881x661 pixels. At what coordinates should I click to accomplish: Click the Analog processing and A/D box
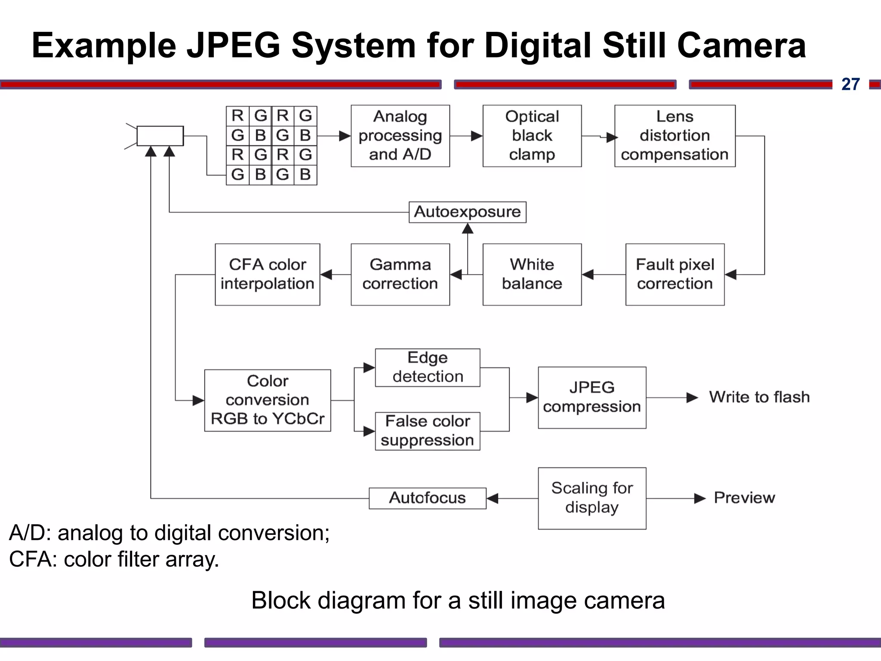[x=400, y=136]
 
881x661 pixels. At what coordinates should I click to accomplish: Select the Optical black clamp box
[x=532, y=136]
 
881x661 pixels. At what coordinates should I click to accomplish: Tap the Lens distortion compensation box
[x=675, y=136]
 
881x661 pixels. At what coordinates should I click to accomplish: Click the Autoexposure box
[x=467, y=212]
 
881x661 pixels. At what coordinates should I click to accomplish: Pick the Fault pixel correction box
[x=675, y=274]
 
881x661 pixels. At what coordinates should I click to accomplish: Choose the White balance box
[x=532, y=274]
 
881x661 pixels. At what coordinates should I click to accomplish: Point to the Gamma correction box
[x=400, y=274]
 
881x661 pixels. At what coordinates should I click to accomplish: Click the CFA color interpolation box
[x=267, y=274]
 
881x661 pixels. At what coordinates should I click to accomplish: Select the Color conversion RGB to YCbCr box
[x=267, y=400]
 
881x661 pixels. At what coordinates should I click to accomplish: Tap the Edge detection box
[x=427, y=368]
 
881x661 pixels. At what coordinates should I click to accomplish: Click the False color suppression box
[x=427, y=431]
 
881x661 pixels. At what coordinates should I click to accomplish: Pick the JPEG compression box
[x=591, y=397]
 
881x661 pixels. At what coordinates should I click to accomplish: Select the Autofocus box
[x=427, y=498]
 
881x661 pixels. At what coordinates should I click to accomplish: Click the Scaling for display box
[x=591, y=498]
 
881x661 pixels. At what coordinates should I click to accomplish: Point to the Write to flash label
[x=759, y=397]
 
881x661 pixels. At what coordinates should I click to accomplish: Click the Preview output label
[x=744, y=498]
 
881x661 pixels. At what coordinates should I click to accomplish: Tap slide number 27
[x=850, y=84]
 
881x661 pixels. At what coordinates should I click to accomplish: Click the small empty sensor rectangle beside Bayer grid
[x=160, y=136]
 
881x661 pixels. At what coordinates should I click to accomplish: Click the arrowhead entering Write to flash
[x=692, y=398]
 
